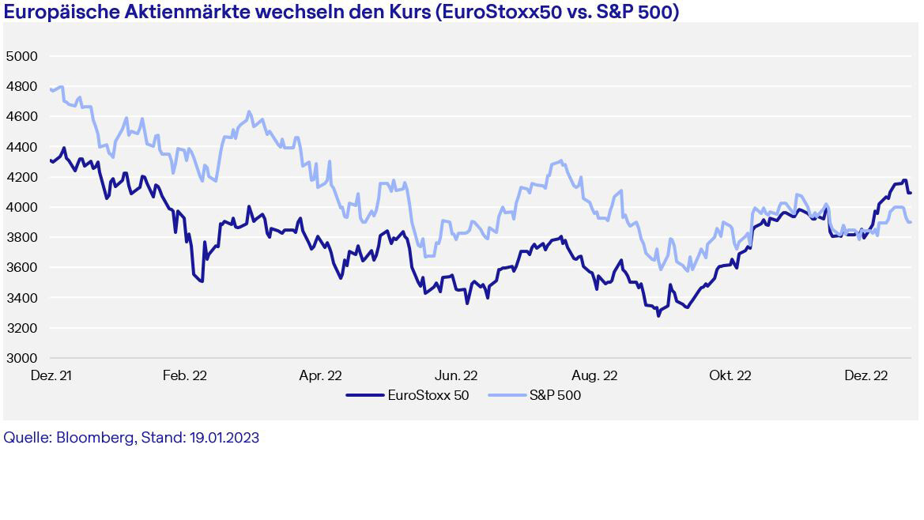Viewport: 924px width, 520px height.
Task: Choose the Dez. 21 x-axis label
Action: (x=51, y=375)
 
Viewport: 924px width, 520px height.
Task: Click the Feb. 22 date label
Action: (x=185, y=375)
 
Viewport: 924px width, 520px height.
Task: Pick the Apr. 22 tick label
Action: (x=320, y=375)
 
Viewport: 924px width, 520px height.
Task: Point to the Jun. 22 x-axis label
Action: (x=456, y=375)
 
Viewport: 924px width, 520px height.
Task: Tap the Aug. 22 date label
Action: (x=594, y=375)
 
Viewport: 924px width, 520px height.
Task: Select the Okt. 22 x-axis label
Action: (x=730, y=375)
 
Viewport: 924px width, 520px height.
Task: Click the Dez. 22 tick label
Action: (x=866, y=375)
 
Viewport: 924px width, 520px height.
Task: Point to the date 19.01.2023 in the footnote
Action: (x=224, y=438)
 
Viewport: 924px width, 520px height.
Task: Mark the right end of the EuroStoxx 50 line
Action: (x=911, y=193)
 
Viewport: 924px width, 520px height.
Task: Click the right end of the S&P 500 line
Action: (x=911, y=222)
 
